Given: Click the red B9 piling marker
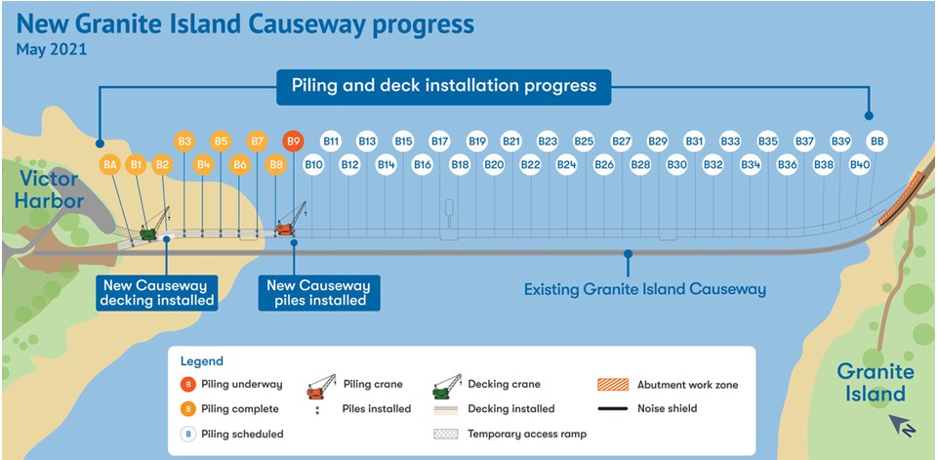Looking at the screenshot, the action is (x=293, y=142).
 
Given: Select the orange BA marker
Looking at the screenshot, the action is (x=109, y=164).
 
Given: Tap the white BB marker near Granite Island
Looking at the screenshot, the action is (x=876, y=142).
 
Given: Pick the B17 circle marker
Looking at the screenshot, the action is (x=440, y=142).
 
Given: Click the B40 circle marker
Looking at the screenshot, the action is (x=859, y=164).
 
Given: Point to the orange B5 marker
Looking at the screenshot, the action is (x=222, y=142).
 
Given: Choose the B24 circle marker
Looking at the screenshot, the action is (x=566, y=164).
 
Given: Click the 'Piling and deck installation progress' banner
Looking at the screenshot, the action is (x=444, y=86).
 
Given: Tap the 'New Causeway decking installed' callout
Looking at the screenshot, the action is (x=157, y=293).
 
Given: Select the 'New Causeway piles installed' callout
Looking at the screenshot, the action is (x=319, y=293).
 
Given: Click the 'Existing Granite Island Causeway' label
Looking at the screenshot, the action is (x=645, y=289).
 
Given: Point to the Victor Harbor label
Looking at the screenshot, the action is (x=49, y=189).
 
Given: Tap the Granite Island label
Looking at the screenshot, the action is (x=876, y=382).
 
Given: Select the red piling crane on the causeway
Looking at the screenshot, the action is (x=291, y=219).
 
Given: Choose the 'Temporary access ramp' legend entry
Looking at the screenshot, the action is (x=509, y=434).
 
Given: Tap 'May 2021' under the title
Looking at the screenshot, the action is (x=52, y=49).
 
